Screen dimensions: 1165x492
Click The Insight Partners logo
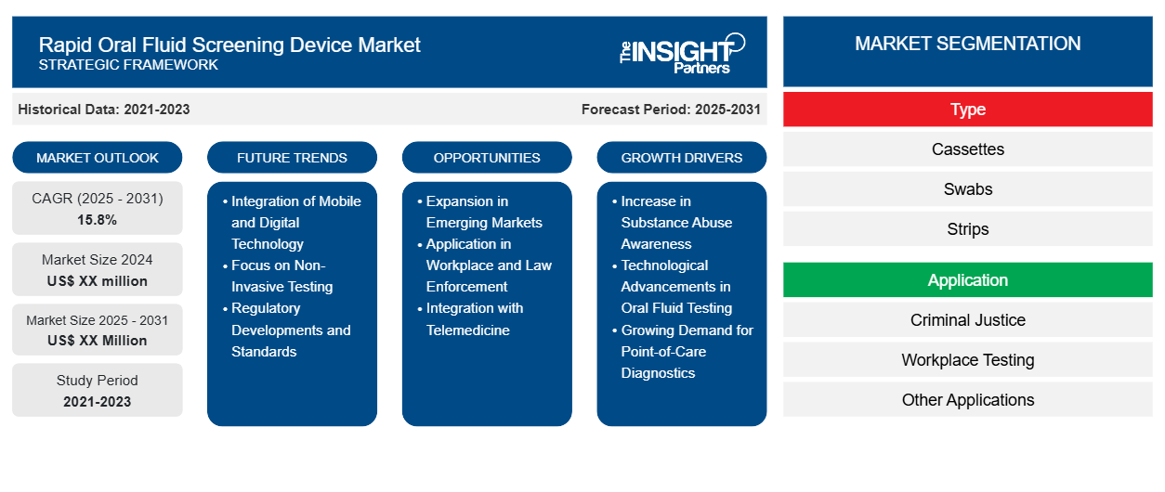click(682, 54)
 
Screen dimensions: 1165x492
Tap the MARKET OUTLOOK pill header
click(98, 158)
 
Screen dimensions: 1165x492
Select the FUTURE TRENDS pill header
click(292, 158)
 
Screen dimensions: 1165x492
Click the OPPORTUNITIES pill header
click(487, 158)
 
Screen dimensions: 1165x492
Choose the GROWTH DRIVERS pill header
click(681, 158)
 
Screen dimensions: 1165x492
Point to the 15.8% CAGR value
click(98, 220)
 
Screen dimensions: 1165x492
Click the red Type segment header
click(967, 110)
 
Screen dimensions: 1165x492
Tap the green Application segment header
click(967, 280)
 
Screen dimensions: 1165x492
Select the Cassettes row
click(967, 149)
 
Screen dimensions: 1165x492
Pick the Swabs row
click(967, 189)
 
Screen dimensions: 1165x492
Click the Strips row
click(967, 228)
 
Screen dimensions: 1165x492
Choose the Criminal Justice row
click(967, 320)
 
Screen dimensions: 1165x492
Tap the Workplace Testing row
click(967, 360)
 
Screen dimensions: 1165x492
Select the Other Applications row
click(967, 399)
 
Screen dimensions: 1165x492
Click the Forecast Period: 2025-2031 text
click(671, 110)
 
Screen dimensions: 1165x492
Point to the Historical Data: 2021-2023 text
click(104, 110)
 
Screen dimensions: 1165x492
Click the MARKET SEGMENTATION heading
click(967, 44)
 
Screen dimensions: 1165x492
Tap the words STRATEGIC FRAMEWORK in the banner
click(128, 65)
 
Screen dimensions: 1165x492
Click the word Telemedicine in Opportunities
click(467, 330)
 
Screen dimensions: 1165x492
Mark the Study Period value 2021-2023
click(98, 402)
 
